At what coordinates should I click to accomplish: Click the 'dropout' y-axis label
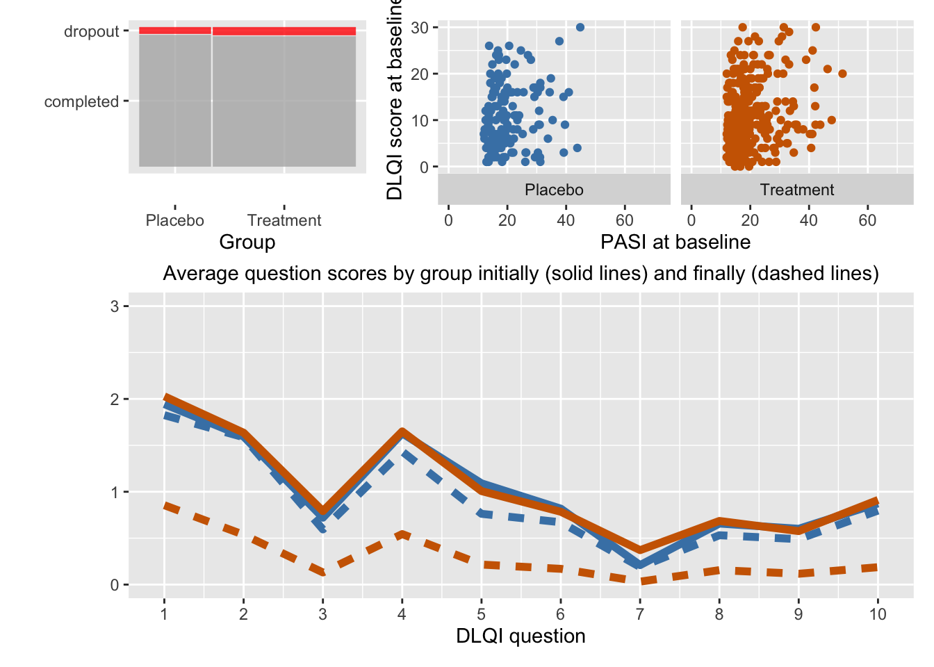(x=92, y=31)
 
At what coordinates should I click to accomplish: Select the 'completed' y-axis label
(x=81, y=101)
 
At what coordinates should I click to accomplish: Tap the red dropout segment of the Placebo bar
(x=174, y=31)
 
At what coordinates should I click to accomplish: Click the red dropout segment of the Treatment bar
(x=284, y=31)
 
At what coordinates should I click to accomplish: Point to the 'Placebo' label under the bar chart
(x=174, y=220)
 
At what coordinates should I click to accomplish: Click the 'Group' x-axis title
(x=247, y=242)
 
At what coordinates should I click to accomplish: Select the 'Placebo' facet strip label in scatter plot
(x=554, y=190)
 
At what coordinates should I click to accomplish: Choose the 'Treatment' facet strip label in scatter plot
(x=797, y=190)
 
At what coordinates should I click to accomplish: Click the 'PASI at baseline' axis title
(x=675, y=242)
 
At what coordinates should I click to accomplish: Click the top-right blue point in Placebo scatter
(x=580, y=27)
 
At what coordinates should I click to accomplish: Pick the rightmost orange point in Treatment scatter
(x=842, y=74)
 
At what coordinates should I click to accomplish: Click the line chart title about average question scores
(x=521, y=274)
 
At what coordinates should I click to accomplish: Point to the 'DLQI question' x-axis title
(x=521, y=636)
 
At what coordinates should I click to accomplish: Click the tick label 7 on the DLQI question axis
(x=639, y=614)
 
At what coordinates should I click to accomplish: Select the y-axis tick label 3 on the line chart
(x=115, y=306)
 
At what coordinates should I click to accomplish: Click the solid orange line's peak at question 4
(x=402, y=432)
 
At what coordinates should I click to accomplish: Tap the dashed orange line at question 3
(x=322, y=572)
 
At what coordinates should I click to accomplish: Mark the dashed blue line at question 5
(x=481, y=513)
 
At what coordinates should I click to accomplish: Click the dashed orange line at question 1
(x=165, y=506)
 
